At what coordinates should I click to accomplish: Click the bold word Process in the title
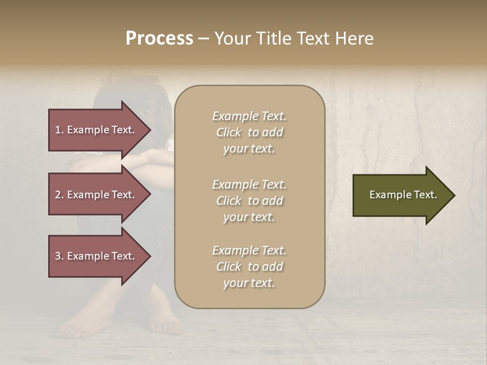click(x=159, y=39)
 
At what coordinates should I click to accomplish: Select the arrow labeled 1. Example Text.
click(x=96, y=130)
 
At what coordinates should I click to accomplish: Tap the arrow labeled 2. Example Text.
click(x=96, y=195)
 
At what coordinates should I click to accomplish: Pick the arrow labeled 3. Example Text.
click(x=96, y=256)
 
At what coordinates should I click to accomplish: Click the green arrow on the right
click(x=401, y=195)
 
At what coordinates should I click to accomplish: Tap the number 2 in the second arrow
click(x=58, y=195)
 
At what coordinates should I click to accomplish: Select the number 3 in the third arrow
click(x=58, y=256)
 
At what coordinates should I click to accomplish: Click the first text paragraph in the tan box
click(x=249, y=132)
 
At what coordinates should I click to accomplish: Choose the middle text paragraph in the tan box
click(x=249, y=201)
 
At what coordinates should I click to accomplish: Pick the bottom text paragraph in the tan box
click(x=249, y=267)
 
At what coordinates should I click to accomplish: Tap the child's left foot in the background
click(x=76, y=324)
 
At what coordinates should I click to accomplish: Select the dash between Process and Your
click(x=203, y=39)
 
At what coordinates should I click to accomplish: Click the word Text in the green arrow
click(x=425, y=195)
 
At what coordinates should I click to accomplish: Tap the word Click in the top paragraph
click(x=229, y=132)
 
